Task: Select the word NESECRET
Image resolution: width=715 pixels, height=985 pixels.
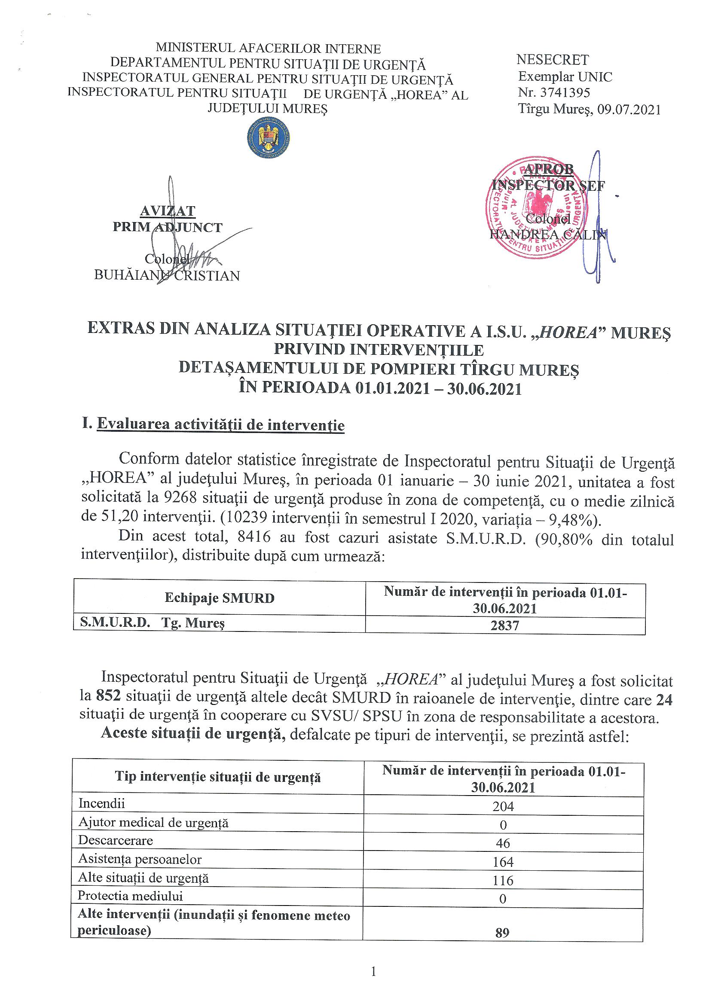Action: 553,60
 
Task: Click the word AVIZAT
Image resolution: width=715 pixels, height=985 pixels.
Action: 168,211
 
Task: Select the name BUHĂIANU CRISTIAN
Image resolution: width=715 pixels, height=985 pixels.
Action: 167,276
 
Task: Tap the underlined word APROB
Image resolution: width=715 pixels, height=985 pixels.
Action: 548,169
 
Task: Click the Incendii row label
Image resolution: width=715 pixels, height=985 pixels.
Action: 102,803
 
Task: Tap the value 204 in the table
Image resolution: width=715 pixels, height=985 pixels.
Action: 504,806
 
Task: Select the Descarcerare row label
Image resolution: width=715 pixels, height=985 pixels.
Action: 116,840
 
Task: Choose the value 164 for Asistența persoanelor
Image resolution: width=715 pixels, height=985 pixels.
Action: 503,862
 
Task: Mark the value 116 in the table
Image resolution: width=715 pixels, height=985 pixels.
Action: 503,880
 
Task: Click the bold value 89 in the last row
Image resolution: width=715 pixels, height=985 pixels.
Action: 502,933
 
